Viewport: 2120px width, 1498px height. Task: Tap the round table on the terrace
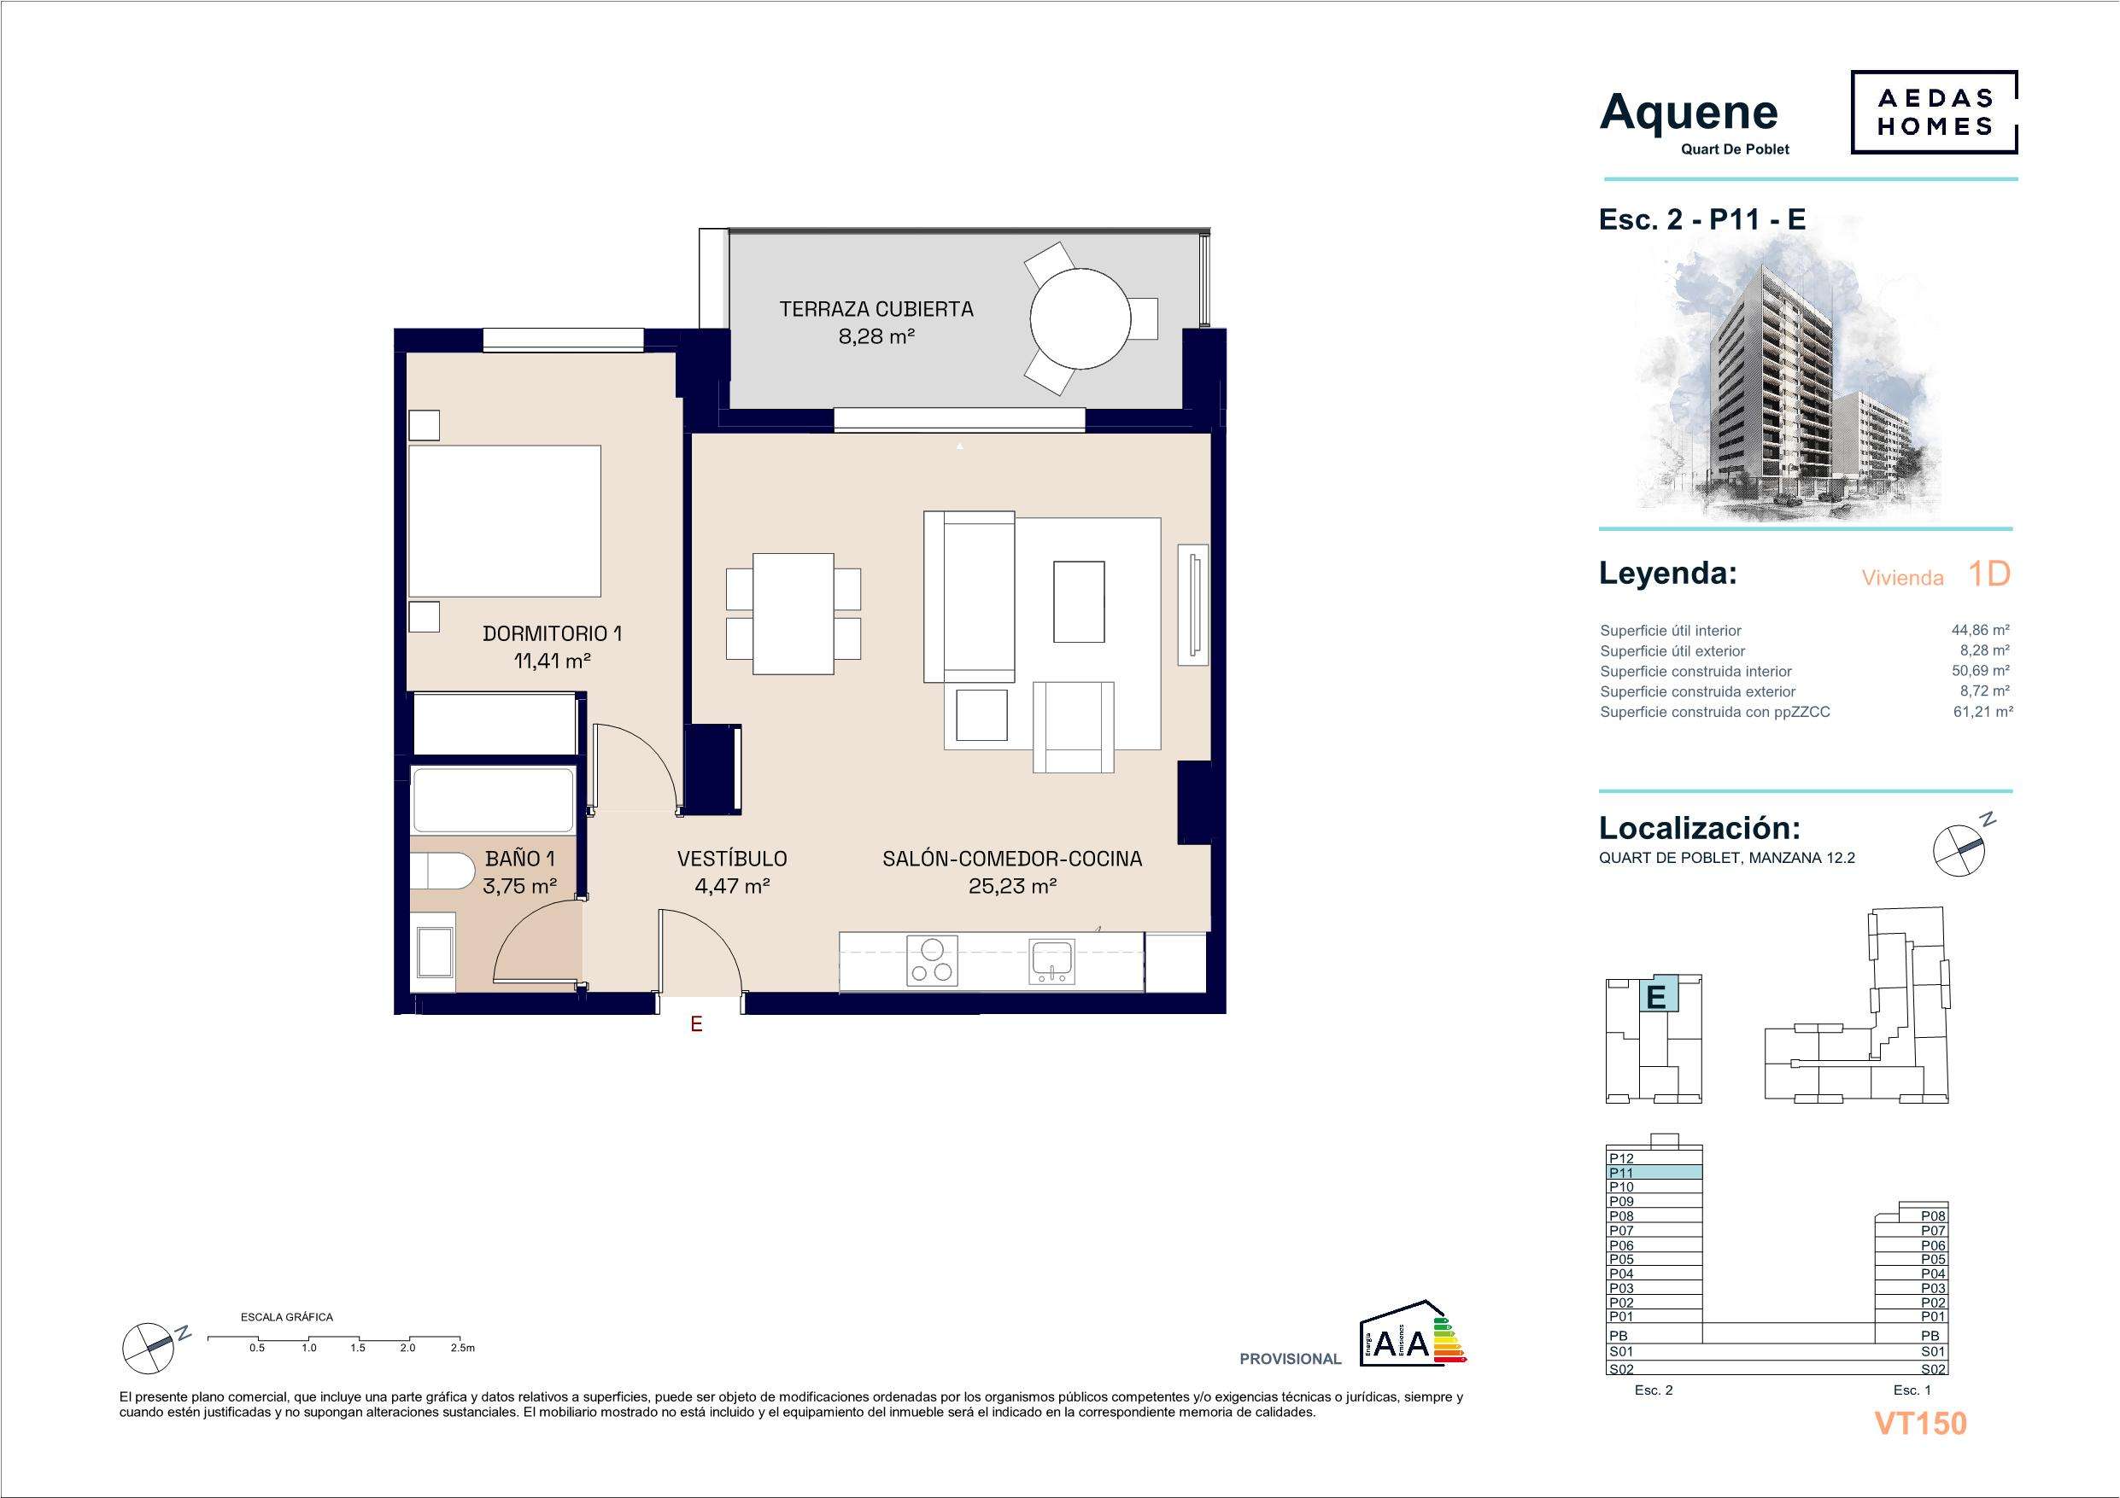tap(1080, 319)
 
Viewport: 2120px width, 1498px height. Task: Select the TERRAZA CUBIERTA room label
tap(876, 309)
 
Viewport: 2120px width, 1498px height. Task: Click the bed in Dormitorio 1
tap(504, 522)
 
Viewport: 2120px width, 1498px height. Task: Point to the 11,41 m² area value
tap(552, 661)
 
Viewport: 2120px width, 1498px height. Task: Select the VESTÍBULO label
tap(732, 860)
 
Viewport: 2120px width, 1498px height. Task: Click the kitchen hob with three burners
tap(933, 961)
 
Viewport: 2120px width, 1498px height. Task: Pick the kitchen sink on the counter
tap(1051, 961)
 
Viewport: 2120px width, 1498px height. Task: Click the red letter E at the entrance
tap(697, 1023)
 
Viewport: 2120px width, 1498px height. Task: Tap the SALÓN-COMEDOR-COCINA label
tap(1012, 860)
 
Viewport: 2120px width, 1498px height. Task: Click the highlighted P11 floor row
tap(1654, 1172)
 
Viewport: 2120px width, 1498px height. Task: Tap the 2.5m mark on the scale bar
tap(463, 1348)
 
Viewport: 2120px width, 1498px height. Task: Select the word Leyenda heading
tap(1667, 574)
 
